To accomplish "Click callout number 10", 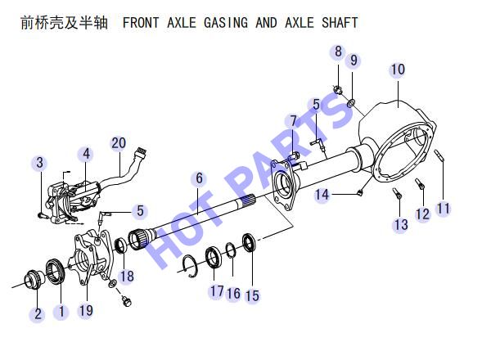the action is coord(398,70).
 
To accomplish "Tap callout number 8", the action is coord(338,52).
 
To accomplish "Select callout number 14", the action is coord(322,195).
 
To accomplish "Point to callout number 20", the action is coord(119,142).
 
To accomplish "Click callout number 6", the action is coord(199,178).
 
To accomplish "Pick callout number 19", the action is coord(86,310).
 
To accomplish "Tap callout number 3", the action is coord(39,163).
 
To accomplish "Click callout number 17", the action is coord(217,290).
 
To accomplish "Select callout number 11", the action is coord(443,208).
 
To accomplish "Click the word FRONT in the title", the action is coord(141,23).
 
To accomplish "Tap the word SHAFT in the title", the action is coord(340,23).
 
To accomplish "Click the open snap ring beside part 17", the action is coord(190,267).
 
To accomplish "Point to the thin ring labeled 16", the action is coord(231,250).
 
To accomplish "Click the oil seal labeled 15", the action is coord(250,243).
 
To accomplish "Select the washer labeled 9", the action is coord(352,102).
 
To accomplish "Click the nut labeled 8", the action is coord(337,90).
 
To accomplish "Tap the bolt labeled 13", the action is coord(397,192).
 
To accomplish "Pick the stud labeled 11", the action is coord(439,155).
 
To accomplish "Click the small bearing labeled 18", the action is coord(120,245).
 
